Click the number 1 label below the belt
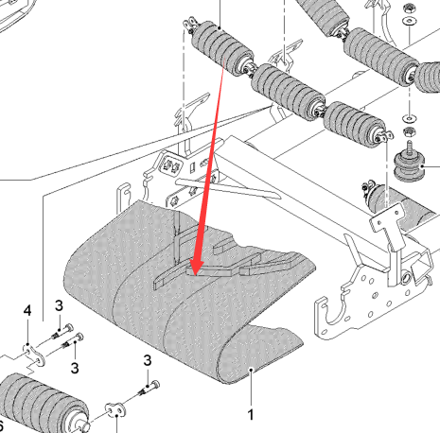(x=251, y=415)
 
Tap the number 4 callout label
(x=27, y=310)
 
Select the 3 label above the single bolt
(x=148, y=360)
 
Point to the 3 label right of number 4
(x=59, y=305)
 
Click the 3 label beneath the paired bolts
(x=75, y=368)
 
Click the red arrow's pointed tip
(x=195, y=275)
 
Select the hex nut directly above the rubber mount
(x=409, y=131)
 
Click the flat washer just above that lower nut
(x=409, y=119)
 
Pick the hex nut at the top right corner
(x=409, y=8)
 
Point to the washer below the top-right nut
(x=410, y=22)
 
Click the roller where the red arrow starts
(x=222, y=47)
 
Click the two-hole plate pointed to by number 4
(x=33, y=355)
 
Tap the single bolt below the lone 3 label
(x=149, y=389)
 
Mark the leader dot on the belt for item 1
(x=251, y=370)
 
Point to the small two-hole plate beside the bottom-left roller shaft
(x=115, y=408)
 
